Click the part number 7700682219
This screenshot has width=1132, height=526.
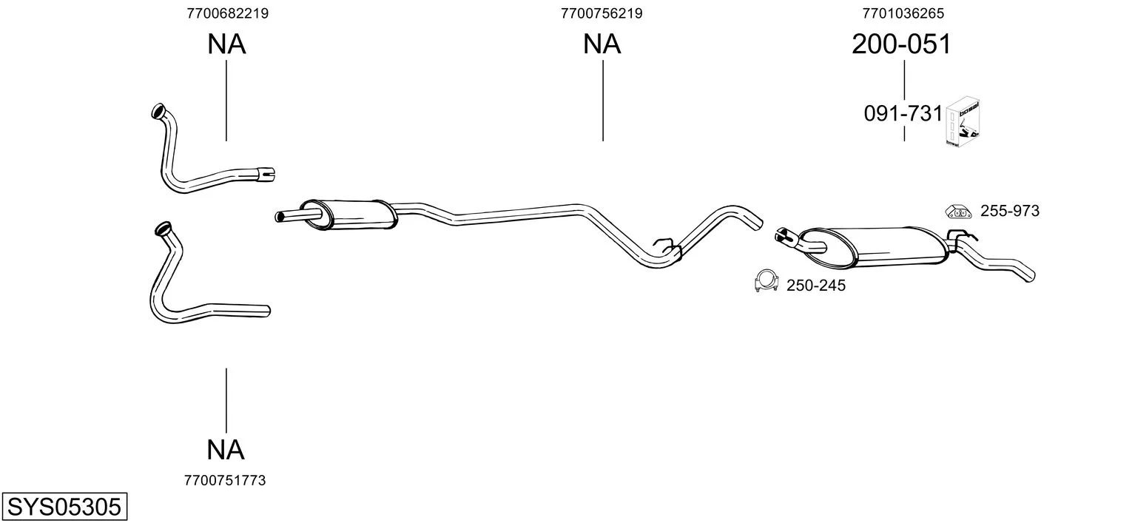(x=227, y=13)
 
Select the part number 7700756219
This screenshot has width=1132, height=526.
(x=602, y=13)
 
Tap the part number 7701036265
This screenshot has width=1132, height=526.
(x=903, y=13)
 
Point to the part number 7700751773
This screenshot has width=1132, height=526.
(x=225, y=481)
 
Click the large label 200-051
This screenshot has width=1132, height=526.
(x=902, y=44)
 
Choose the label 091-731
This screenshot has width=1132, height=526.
(x=903, y=114)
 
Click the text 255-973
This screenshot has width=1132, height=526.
(x=1010, y=211)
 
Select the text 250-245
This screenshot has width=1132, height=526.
(x=815, y=286)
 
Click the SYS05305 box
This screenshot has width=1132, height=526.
(x=64, y=506)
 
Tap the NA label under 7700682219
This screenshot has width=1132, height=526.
(x=226, y=44)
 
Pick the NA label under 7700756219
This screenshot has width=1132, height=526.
(x=602, y=44)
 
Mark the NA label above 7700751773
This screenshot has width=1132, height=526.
(x=226, y=450)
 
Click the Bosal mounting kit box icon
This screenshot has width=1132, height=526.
(x=963, y=122)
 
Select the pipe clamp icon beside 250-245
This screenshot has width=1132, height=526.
(x=767, y=281)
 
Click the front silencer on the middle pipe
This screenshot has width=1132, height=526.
(x=348, y=215)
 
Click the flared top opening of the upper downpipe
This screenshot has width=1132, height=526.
(x=159, y=111)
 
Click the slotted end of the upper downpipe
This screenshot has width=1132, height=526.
(x=266, y=174)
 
